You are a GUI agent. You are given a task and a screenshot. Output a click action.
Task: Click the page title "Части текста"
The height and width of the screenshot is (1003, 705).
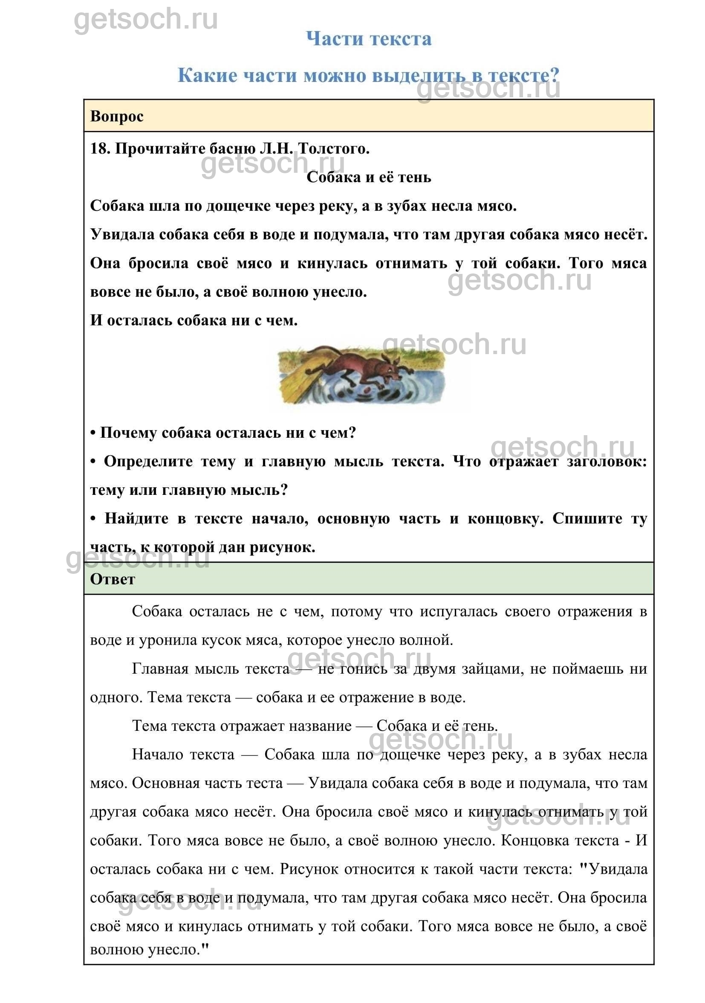tap(369, 39)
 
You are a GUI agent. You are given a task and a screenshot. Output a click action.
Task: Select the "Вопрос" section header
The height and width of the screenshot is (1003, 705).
tap(117, 116)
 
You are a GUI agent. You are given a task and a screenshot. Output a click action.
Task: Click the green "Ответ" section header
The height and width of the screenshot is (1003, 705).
tap(113, 580)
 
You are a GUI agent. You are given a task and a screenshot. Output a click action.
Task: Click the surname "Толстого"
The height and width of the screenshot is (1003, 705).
tap(334, 149)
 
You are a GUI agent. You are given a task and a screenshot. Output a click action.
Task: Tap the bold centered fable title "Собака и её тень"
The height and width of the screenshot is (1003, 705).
tap(369, 177)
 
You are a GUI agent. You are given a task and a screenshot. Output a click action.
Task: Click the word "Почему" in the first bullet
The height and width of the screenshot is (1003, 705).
tap(128, 433)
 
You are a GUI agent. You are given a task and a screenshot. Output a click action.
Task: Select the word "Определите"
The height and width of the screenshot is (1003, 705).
tap(148, 462)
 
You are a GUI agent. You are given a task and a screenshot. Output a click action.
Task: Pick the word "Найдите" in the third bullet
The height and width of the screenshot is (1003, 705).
tap(136, 519)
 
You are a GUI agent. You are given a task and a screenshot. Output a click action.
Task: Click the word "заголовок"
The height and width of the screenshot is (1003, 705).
tap(607, 462)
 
